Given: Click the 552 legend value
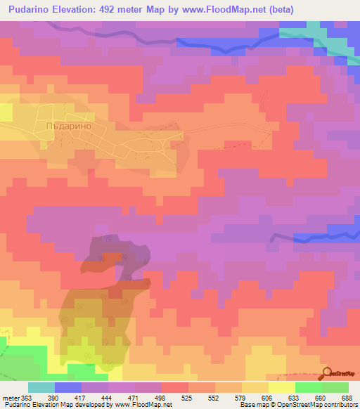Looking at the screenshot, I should tap(215, 398).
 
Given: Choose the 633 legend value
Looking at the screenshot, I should tap(295, 398).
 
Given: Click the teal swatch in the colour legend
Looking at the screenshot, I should tap(41, 387).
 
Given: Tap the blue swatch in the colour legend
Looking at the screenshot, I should tap(68, 387).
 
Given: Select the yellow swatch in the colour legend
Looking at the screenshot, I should tap(282, 387).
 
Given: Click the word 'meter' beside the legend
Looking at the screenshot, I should tap(9, 398).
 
